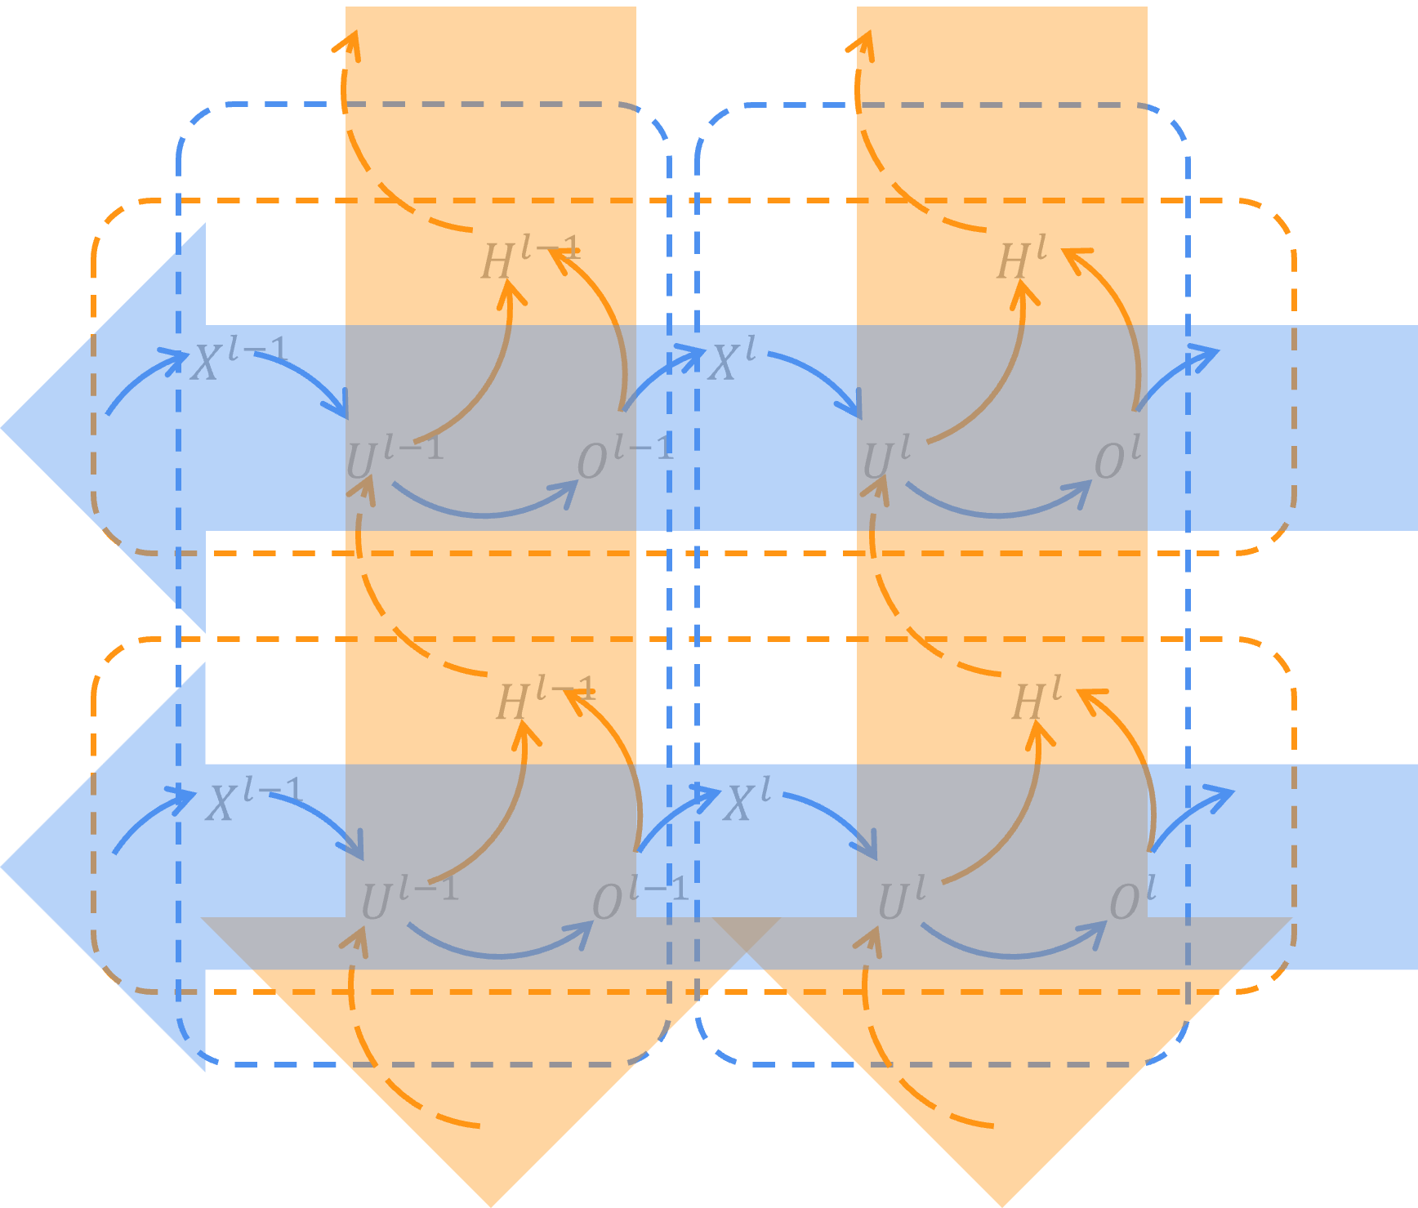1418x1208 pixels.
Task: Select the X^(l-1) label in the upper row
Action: [x=239, y=359]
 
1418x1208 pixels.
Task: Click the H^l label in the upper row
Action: [x=1022, y=260]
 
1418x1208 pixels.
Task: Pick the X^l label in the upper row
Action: [x=733, y=359]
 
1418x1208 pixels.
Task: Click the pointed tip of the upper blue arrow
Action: [x=3, y=427]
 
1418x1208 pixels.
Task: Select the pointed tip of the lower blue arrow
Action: [x=3, y=867]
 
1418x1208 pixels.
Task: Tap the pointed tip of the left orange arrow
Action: [x=491, y=1204]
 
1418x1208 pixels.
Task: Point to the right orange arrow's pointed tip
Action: [x=1002, y=1204]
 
